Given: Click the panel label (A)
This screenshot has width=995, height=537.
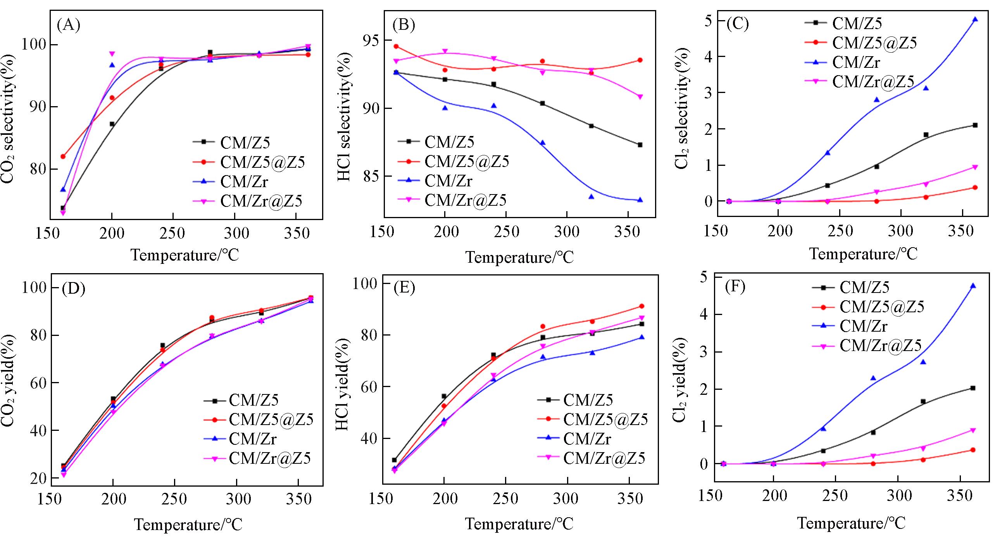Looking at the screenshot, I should (68, 26).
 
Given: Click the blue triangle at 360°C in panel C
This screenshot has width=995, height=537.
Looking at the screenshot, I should (975, 19).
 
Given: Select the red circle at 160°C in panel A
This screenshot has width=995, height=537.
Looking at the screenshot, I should (63, 157).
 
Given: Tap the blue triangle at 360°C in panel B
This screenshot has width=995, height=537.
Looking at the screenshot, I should (640, 200).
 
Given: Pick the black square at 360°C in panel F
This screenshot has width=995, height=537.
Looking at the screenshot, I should (973, 388).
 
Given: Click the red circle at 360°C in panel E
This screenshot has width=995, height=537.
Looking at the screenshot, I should (641, 306).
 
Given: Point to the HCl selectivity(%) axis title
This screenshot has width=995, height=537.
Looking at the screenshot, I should (344, 114).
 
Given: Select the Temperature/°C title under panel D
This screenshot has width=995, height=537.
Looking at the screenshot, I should (188, 525).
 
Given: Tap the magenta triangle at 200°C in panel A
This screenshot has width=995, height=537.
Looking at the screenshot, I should (112, 54).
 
